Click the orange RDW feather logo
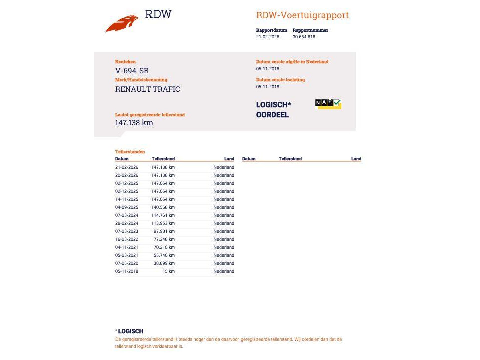(122, 23)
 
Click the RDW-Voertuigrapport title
(302, 15)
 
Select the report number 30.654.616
(304, 37)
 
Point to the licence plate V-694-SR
(132, 71)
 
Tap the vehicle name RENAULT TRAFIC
(147, 89)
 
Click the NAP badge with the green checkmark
(328, 103)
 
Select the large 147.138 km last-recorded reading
(134, 123)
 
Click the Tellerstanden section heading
(130, 151)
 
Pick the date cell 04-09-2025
(126, 207)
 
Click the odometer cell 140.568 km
(163, 207)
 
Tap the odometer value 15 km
(168, 271)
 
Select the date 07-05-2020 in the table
(126, 263)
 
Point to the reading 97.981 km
(164, 231)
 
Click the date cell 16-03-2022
(126, 239)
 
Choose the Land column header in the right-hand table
(356, 159)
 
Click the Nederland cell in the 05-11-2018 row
(223, 271)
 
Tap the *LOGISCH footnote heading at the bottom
(130, 331)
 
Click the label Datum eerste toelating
(280, 80)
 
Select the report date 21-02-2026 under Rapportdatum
(268, 37)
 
